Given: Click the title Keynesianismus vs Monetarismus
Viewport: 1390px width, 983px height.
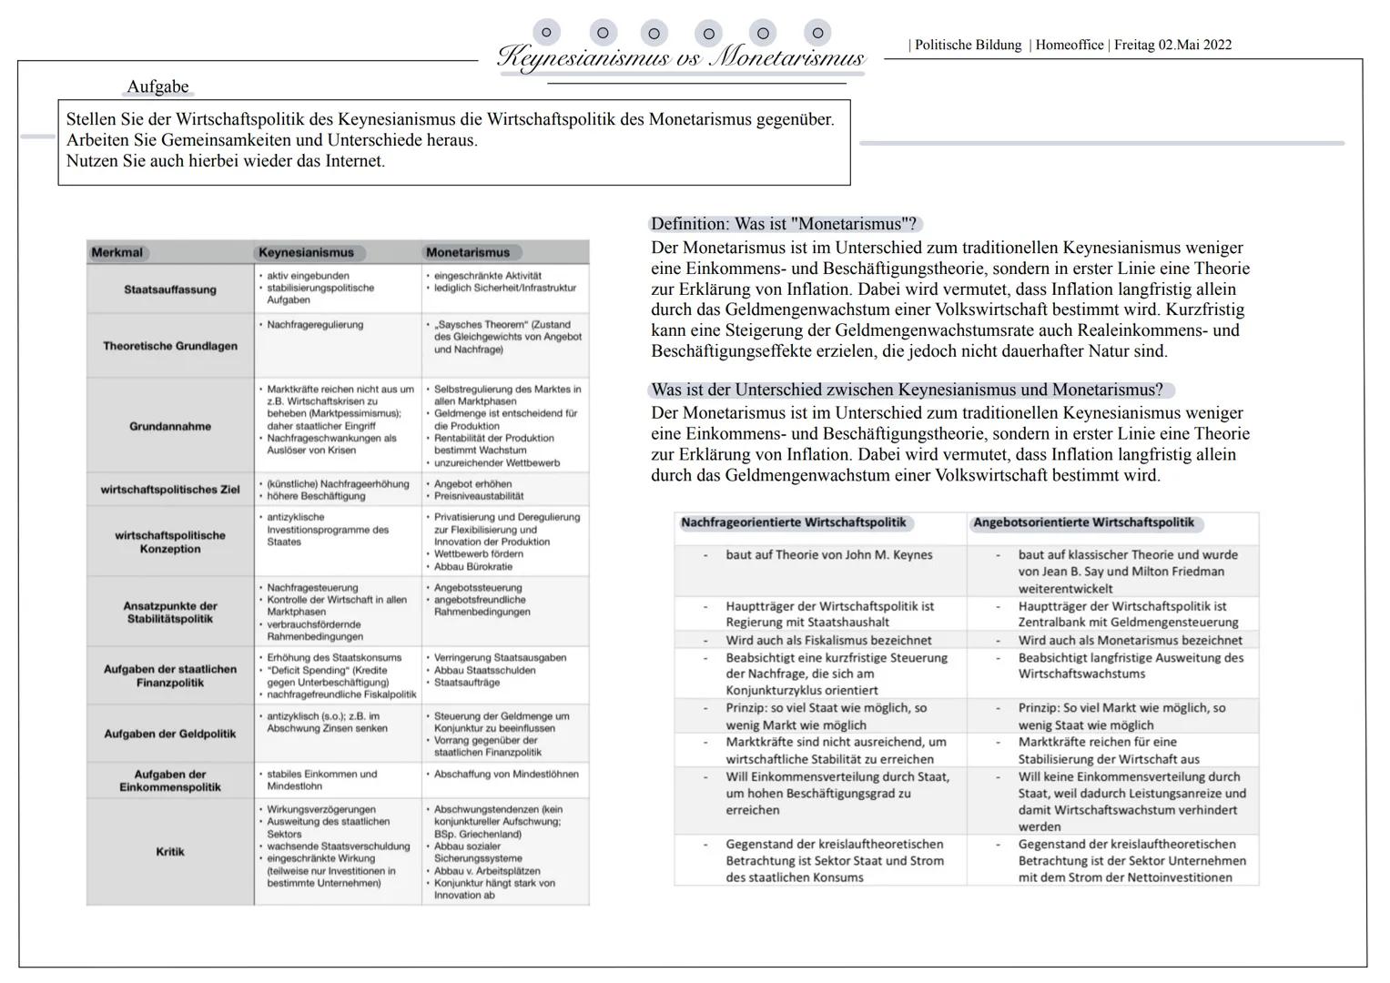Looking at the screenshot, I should click(680, 58).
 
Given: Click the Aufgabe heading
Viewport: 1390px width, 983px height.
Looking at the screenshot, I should click(157, 87).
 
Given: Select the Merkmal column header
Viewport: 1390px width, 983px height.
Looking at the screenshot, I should click(117, 252).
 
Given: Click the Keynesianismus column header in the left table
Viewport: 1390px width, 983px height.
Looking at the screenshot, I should click(306, 252).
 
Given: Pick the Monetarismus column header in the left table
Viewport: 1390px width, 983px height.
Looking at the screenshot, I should click(468, 252).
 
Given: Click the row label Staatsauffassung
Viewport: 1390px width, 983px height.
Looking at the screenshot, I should click(170, 289).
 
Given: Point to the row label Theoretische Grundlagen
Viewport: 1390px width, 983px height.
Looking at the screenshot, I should click(170, 346).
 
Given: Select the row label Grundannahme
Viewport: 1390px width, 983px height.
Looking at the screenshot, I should click(170, 426).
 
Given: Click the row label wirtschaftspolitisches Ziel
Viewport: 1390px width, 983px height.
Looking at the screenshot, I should click(170, 490).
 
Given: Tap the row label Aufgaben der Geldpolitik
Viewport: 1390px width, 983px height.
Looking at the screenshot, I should click(170, 734).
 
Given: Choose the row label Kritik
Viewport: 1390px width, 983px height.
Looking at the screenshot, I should click(170, 852).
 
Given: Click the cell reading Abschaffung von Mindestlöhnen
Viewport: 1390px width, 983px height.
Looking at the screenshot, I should click(505, 774).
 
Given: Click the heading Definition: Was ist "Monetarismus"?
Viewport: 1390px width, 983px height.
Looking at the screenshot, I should click(784, 224).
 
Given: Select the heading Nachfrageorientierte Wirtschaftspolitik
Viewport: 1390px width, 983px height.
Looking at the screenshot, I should click(794, 523).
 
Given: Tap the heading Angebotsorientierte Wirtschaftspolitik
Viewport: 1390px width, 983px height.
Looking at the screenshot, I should click(1083, 523).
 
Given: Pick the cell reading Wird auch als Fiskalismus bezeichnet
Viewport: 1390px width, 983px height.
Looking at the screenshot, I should click(828, 640).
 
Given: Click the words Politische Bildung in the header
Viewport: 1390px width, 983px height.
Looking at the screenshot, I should click(968, 46).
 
